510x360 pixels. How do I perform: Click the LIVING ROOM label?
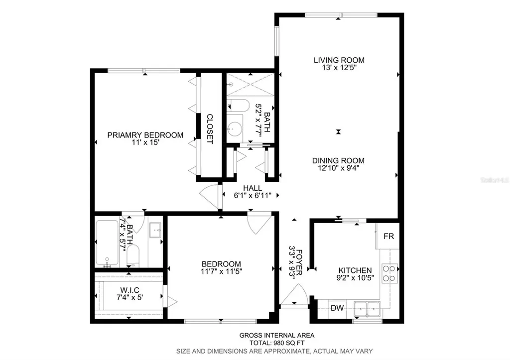(338, 61)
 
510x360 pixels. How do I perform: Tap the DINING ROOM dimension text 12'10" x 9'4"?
(338, 168)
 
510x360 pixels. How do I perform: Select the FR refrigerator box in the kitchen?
(388, 237)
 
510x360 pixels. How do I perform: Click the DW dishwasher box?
(337, 308)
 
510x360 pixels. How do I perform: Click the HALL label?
(253, 188)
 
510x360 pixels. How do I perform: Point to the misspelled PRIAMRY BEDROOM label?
(145, 135)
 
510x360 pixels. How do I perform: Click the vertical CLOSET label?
(210, 129)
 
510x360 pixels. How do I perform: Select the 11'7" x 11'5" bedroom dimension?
(221, 272)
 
